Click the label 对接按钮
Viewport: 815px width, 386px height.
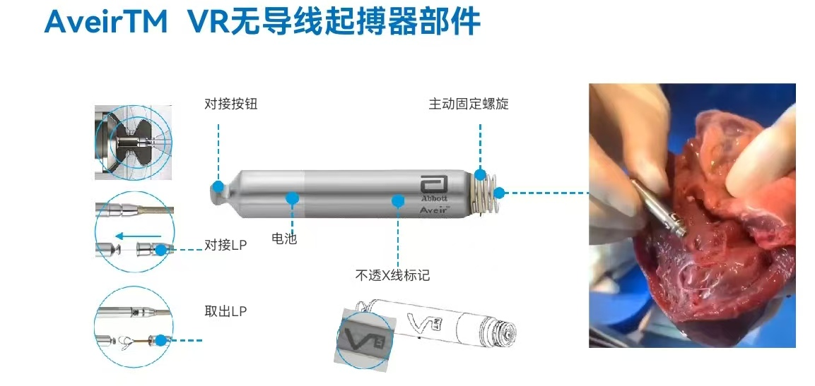230,104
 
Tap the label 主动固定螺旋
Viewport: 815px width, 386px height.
469,104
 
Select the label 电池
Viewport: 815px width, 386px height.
284,239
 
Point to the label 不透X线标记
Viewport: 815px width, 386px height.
392,275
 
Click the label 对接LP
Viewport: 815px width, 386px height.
225,245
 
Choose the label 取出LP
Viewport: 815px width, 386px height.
225,311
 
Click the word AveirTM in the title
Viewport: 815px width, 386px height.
106,22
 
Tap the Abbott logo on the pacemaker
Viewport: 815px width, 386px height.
433,188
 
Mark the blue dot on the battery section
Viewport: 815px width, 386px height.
292,198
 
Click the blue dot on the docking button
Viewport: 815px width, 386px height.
218,186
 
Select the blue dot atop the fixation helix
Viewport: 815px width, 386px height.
480,174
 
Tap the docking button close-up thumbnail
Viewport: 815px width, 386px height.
133,142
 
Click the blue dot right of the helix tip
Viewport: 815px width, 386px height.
499,193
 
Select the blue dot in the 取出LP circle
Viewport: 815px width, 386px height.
162,341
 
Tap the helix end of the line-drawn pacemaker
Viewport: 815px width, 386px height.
504,330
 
